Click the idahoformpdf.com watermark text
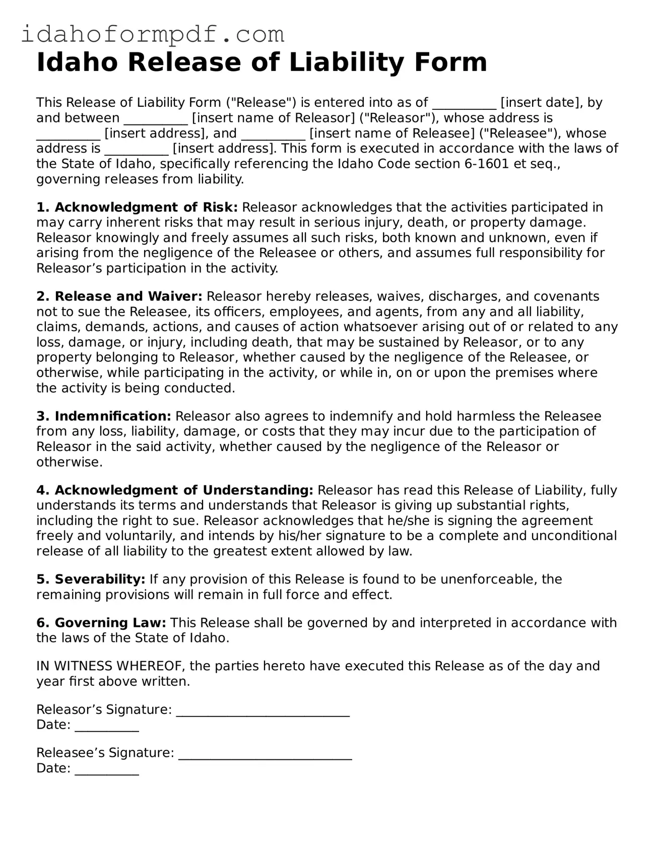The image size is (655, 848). [153, 34]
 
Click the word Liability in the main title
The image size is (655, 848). [347, 62]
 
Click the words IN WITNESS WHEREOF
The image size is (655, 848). [111, 666]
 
